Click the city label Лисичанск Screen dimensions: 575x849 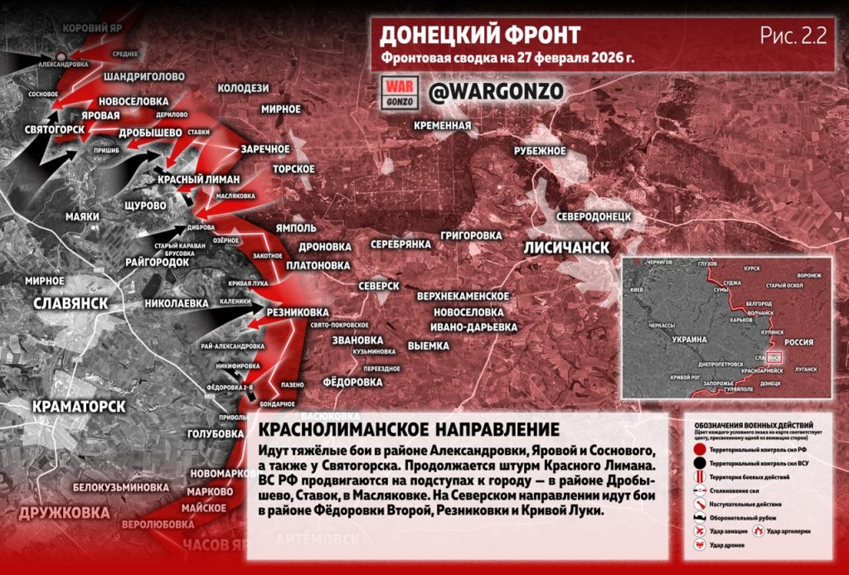pos(566,248)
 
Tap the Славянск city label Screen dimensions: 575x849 pos(71,303)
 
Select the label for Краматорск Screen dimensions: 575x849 pos(79,407)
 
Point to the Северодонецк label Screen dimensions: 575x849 pos(594,215)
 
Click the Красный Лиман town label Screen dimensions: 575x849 pos(199,180)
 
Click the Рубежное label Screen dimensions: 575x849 pos(540,151)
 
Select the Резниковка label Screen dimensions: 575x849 pos(297,312)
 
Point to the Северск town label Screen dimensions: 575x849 pos(380,285)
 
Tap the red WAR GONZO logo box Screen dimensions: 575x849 pos(400,91)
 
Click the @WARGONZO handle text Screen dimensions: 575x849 pos(496,91)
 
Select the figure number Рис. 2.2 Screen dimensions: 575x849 pos(793,35)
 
